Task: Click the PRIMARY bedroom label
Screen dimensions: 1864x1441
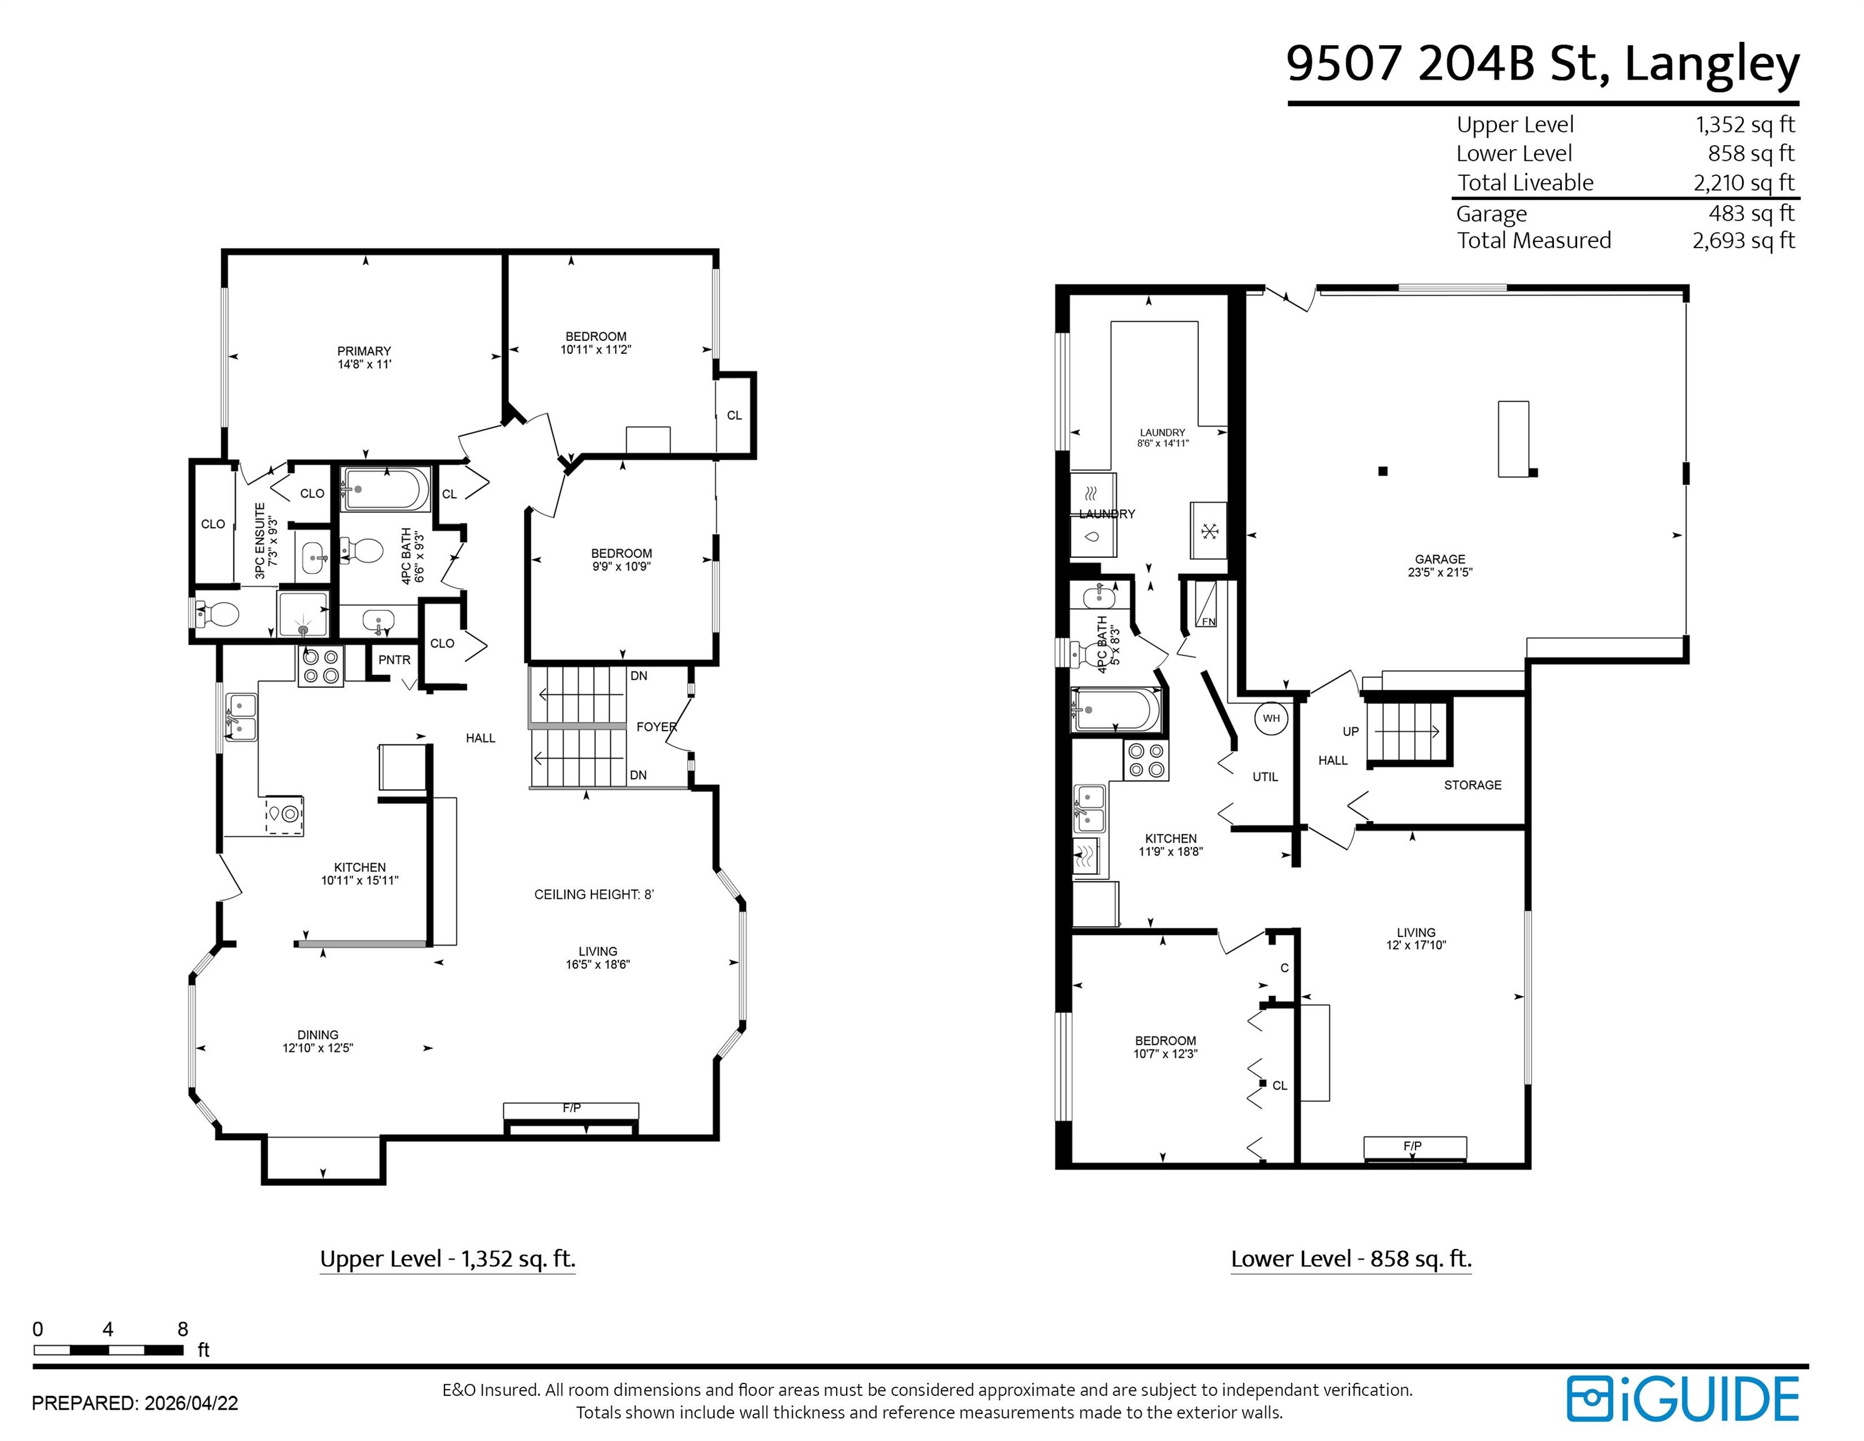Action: pyautogui.click(x=365, y=351)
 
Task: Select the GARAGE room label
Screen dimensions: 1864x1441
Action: pyautogui.click(x=1440, y=559)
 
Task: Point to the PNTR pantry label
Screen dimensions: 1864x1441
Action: pyautogui.click(x=395, y=660)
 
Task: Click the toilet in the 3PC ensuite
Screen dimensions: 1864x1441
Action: pyautogui.click(x=217, y=614)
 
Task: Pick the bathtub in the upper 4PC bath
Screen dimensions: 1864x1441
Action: pyautogui.click(x=385, y=489)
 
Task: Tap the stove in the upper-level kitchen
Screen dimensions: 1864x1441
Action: pyautogui.click(x=320, y=667)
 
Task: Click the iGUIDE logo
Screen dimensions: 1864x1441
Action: pyautogui.click(x=1682, y=1398)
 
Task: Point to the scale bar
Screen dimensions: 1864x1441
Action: pyautogui.click(x=108, y=1350)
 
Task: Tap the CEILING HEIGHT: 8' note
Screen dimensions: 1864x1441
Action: pyautogui.click(x=594, y=894)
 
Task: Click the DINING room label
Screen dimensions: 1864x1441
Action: pyautogui.click(x=318, y=1034)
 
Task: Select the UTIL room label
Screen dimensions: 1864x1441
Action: pyautogui.click(x=1265, y=777)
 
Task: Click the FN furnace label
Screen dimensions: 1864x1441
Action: pyautogui.click(x=1209, y=622)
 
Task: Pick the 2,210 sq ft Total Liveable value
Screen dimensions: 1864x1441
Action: pyautogui.click(x=1744, y=183)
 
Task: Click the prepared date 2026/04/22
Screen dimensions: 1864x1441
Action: pyautogui.click(x=191, y=1403)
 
